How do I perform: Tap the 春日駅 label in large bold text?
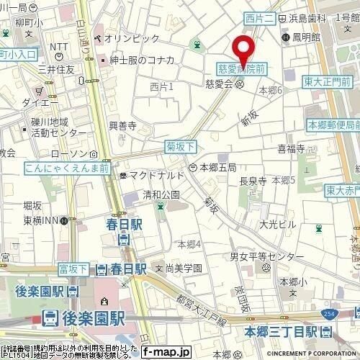click(127, 225)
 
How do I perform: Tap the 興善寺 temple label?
click(122, 125)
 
